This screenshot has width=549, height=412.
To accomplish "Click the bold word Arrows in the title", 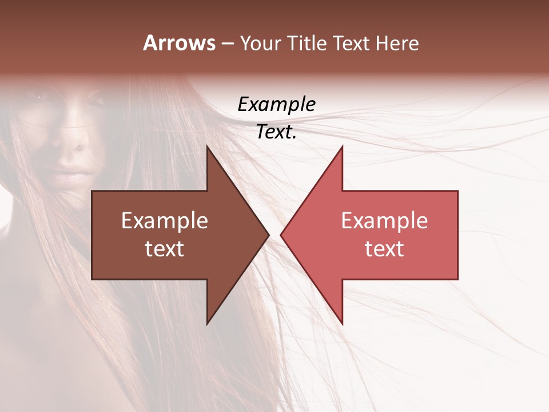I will [x=180, y=43].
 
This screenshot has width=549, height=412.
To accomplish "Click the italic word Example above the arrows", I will [x=277, y=105].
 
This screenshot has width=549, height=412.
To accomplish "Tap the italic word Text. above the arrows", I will [x=277, y=132].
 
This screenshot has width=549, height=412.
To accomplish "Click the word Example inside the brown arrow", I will [x=165, y=221].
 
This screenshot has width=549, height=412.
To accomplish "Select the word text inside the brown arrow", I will [x=165, y=249].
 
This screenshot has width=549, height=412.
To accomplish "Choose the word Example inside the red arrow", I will [x=384, y=221].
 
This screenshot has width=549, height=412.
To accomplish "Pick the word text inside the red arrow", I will [x=384, y=249].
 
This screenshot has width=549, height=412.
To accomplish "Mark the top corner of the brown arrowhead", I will [x=207, y=146].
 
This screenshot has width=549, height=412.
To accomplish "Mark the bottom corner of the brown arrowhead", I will [x=207, y=324].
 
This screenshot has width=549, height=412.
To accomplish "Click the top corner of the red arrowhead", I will [x=342, y=146].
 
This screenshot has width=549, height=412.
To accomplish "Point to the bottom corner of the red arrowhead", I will [x=342, y=324].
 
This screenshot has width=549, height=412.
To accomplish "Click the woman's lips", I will [x=71, y=172].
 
